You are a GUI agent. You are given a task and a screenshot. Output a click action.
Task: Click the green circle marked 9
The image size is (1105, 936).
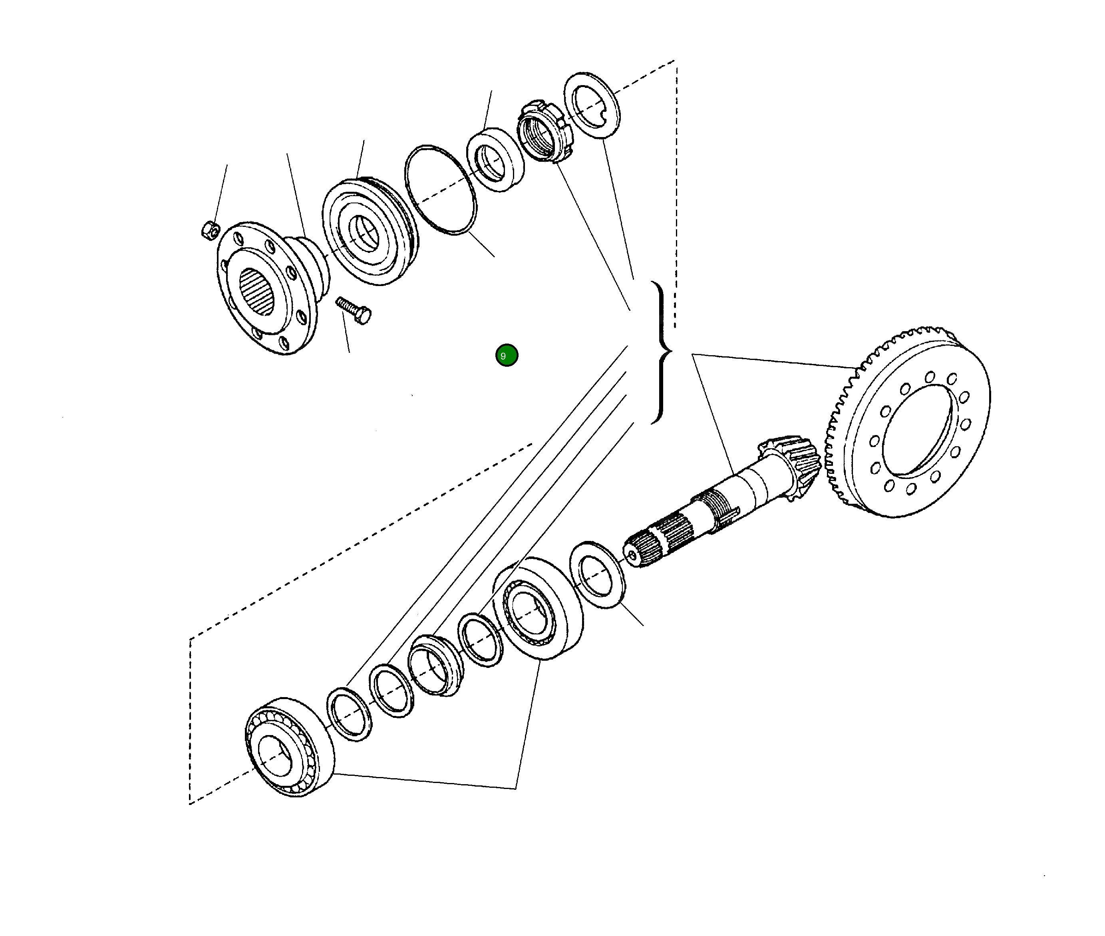506,355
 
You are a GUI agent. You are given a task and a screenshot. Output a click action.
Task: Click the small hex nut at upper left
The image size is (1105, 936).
210,230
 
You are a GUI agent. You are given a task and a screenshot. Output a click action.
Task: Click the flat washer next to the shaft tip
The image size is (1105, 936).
597,574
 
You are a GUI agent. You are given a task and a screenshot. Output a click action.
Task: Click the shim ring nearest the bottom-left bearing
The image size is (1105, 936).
349,713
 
